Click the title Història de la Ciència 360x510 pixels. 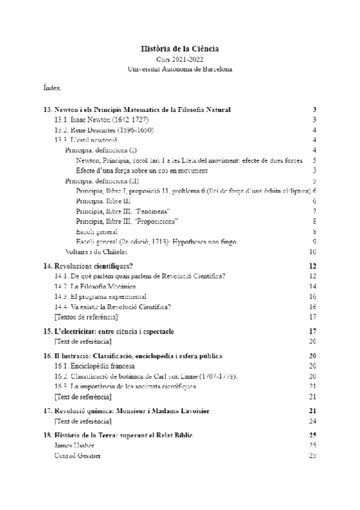[180, 48]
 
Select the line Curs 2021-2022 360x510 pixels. [180, 60]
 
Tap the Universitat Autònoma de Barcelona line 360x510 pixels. [180, 69]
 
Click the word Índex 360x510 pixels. [52, 88]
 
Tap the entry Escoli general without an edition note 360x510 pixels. [96, 232]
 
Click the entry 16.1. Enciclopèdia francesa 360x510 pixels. [94, 366]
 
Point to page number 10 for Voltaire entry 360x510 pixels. [313, 251]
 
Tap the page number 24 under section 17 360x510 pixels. [313, 420]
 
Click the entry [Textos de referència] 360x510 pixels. [86, 316]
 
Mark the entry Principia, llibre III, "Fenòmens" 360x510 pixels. [123, 211]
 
